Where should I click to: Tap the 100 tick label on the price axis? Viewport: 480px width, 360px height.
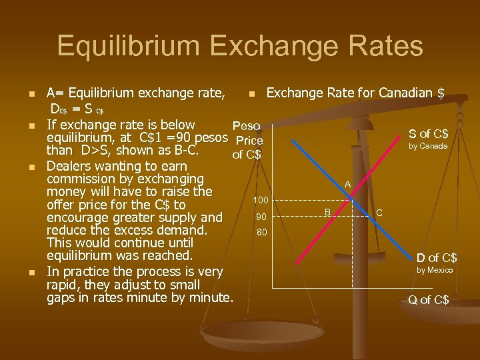(x=260, y=200)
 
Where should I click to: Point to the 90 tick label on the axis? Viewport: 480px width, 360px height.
(x=261, y=217)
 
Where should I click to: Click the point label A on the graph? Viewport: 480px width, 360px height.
(x=347, y=183)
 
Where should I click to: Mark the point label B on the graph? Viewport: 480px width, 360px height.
(x=328, y=211)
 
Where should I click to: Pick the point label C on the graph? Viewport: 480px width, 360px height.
(x=379, y=213)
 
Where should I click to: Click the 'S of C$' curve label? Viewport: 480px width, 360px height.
(x=428, y=134)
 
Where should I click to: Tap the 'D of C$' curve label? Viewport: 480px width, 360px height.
(x=437, y=257)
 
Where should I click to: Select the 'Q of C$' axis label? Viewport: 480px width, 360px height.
(x=428, y=300)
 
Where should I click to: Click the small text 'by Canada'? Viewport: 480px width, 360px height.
(x=428, y=146)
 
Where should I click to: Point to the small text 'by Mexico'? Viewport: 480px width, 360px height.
(x=435, y=270)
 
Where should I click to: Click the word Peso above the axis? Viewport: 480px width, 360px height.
(x=245, y=126)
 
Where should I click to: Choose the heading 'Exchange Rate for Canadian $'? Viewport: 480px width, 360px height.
(x=355, y=93)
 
